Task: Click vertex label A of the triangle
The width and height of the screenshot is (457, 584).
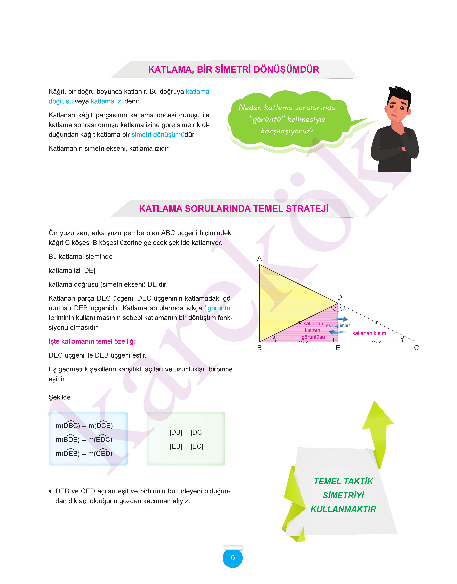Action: coord(259,258)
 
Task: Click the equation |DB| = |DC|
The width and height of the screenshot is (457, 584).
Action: coord(186,432)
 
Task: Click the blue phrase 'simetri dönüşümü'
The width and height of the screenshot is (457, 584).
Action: coord(158,135)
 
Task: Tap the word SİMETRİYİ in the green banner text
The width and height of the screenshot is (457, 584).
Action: coord(343,495)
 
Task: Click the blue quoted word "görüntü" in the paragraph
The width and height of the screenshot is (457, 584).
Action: coord(219,308)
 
